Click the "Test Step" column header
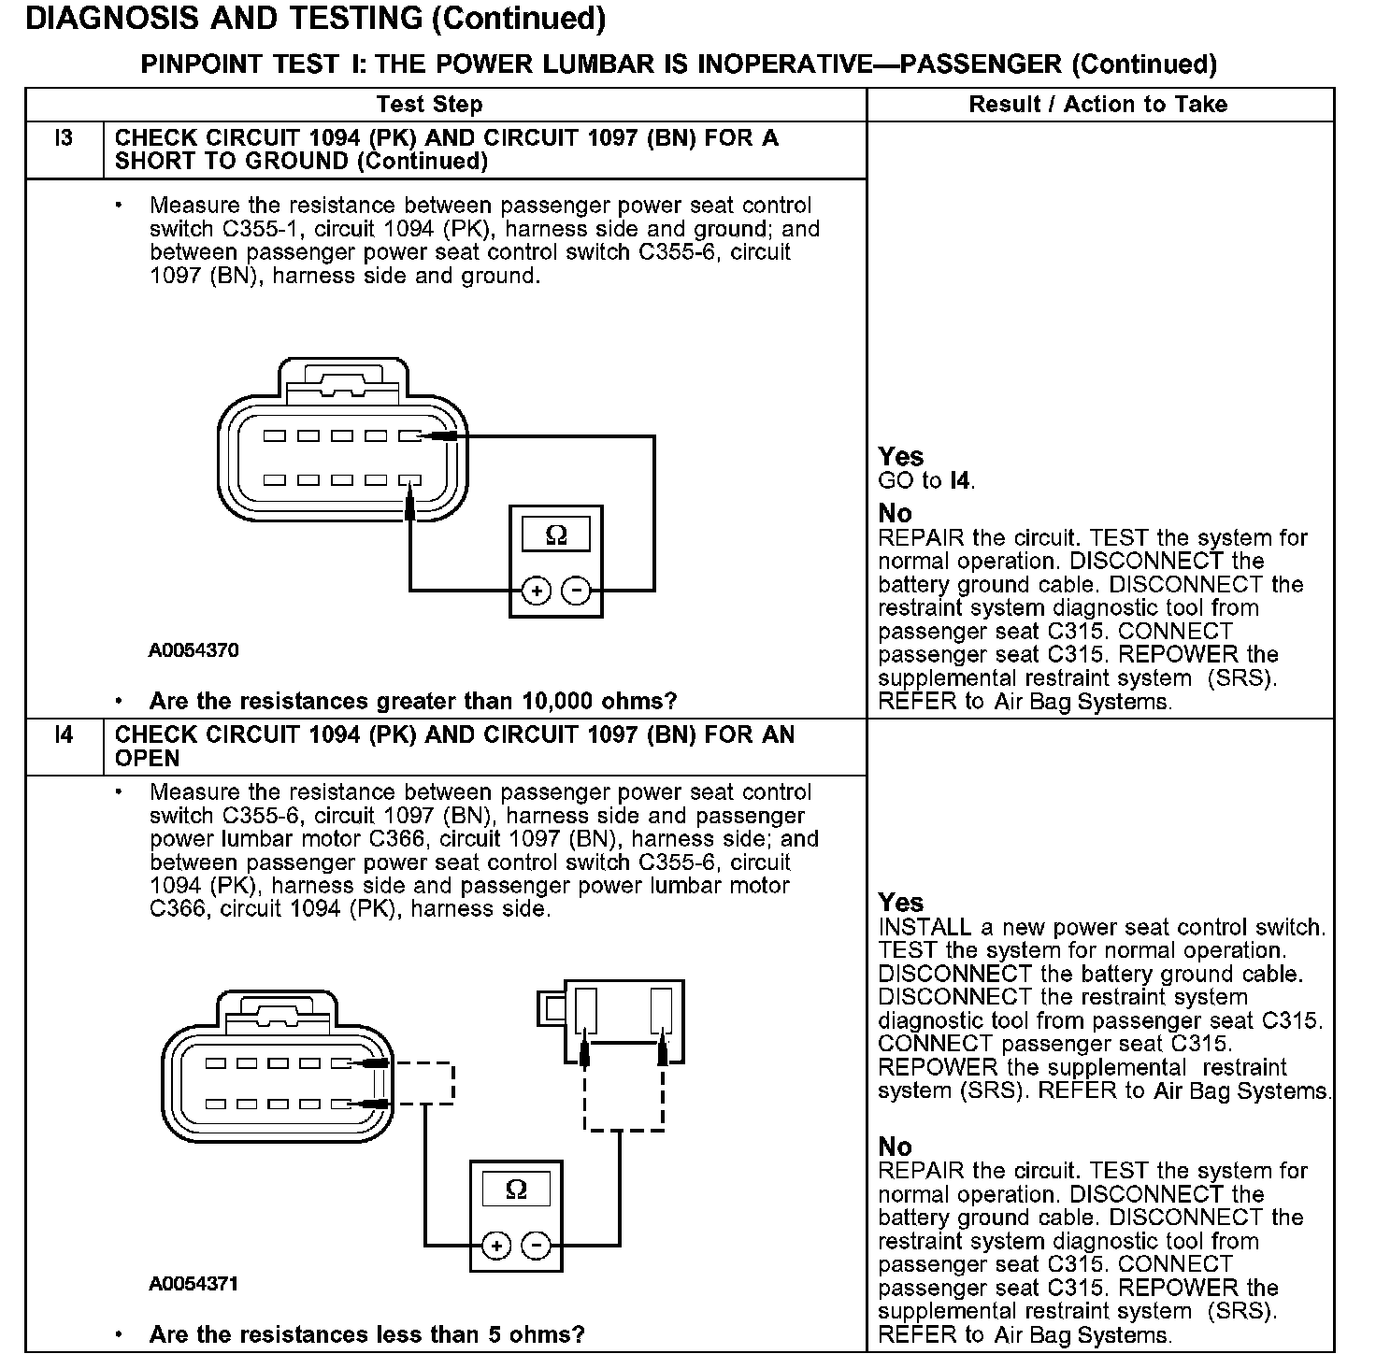coord(429,105)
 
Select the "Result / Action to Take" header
coord(1097,105)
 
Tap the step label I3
coord(64,138)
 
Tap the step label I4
coord(64,734)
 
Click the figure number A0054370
coord(193,650)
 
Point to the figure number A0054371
coord(193,1284)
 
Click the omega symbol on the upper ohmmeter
coord(555,535)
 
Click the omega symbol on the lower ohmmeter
coord(516,1190)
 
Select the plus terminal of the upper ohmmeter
coord(536,591)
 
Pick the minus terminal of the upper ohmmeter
coord(576,591)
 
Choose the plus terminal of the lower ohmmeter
coord(495,1246)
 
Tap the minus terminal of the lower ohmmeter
coord(536,1246)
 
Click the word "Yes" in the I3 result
coord(901,457)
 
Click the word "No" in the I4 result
coord(895,1147)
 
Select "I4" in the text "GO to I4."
coord(960,481)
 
